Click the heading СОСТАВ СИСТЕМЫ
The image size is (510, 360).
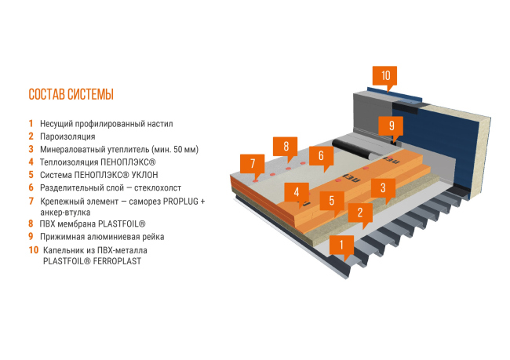(71, 95)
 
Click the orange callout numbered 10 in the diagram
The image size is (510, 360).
(385, 75)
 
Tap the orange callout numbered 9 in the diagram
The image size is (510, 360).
(390, 125)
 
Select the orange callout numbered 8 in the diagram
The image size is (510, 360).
(286, 146)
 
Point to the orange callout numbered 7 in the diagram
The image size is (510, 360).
(253, 164)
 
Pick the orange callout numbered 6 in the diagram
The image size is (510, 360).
(321, 156)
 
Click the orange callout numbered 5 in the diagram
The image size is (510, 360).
(332, 200)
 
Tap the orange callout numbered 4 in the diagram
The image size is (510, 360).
(296, 191)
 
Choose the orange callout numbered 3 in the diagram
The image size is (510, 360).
(382, 187)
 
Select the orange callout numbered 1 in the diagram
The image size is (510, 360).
(341, 244)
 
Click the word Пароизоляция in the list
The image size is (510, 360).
(67, 136)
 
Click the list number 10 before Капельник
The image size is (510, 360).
(32, 250)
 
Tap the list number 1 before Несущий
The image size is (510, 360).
(31, 123)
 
